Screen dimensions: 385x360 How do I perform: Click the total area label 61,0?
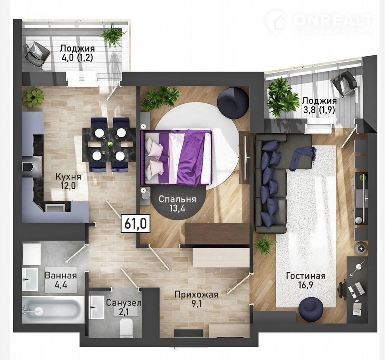click(x=136, y=224)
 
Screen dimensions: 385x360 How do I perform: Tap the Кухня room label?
click(x=68, y=176)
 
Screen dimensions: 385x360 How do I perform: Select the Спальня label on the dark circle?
click(x=177, y=199)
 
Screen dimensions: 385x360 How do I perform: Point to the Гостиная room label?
click(x=306, y=276)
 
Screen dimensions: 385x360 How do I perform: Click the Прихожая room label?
click(x=196, y=294)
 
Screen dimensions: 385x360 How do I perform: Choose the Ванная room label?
click(x=61, y=275)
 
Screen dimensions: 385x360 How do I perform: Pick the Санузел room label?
click(x=123, y=303)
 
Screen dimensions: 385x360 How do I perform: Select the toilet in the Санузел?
click(x=127, y=328)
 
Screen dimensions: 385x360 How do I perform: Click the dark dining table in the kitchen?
click(x=109, y=144)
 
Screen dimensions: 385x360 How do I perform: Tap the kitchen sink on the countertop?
click(x=55, y=207)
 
